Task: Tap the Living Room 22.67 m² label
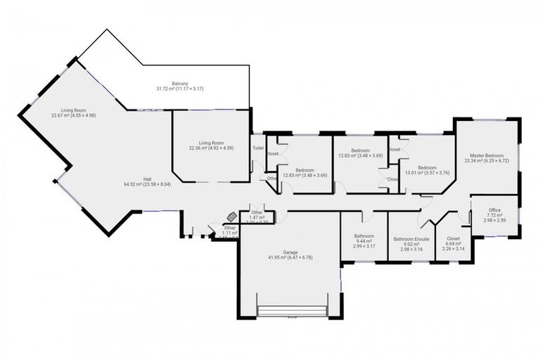(77, 112)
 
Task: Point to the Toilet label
(258, 148)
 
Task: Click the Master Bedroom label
(486, 157)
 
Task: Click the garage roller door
(292, 311)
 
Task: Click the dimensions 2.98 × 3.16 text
(411, 250)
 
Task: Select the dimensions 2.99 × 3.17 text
(364, 247)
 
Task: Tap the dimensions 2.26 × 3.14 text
(452, 249)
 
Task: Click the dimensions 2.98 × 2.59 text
(494, 221)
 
